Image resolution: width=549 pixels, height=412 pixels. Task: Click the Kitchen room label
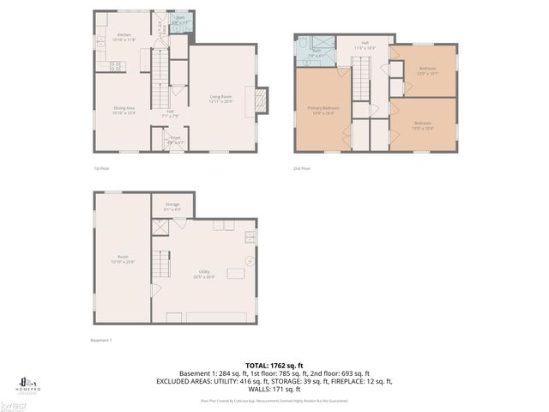[124, 37]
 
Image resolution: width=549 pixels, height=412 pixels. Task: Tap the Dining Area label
[124, 109]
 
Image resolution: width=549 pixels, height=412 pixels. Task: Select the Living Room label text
[221, 98]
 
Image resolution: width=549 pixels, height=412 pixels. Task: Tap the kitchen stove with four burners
[118, 65]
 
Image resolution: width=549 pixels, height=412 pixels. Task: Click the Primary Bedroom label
[323, 109]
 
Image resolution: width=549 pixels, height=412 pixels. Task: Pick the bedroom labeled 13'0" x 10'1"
[427, 69]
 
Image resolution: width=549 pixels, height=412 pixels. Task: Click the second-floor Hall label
[365, 45]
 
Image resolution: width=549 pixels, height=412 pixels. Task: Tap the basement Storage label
[172, 206]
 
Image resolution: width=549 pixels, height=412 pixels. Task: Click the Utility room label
[204, 273]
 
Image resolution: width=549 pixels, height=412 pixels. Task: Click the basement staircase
[161, 260]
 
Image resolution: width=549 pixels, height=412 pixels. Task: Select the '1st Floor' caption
[101, 169]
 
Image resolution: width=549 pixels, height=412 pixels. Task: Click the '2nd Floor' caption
[302, 169]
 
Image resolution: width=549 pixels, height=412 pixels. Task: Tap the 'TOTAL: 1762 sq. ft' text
[274, 364]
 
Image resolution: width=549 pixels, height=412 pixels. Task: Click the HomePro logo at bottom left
[24, 382]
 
